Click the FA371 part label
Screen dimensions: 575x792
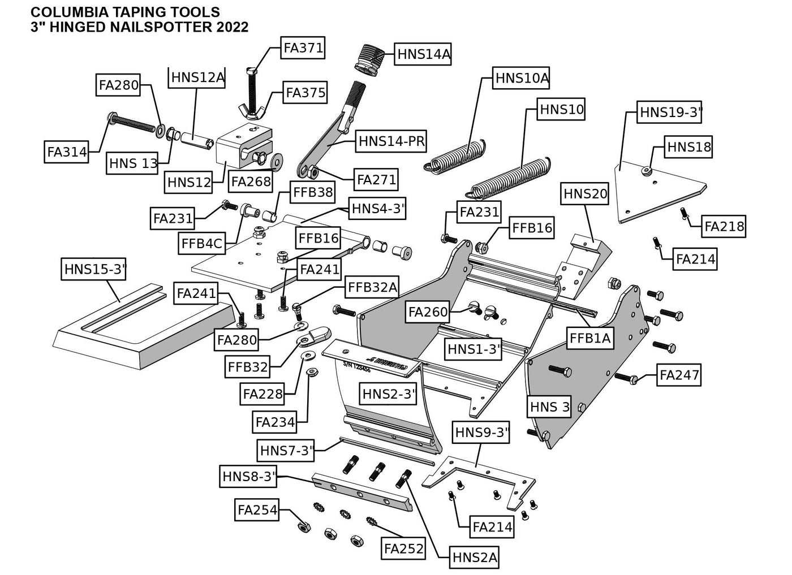pos(303,48)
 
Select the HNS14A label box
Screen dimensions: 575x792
pos(424,54)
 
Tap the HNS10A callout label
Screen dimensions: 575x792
pos(522,78)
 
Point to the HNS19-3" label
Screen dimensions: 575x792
pos(670,113)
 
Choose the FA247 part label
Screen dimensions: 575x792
pos(679,374)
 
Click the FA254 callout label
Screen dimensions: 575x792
pos(257,510)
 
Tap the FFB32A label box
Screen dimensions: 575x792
pos(373,287)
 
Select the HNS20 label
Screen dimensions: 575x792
pos(585,194)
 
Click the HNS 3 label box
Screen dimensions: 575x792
pos(550,407)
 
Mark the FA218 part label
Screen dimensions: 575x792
pos(724,227)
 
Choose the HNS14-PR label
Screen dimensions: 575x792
pos(391,141)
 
